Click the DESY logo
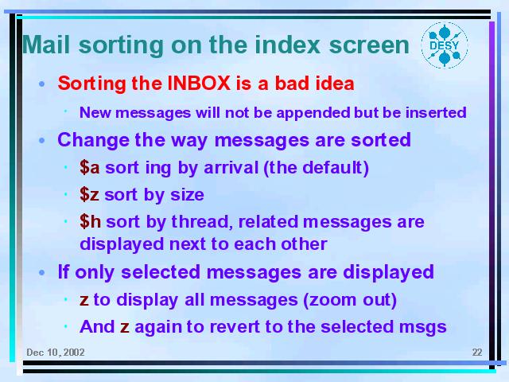click(445, 45)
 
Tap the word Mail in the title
click(46, 45)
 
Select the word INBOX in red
click(199, 83)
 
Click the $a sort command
click(90, 168)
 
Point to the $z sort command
click(89, 194)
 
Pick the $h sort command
click(90, 221)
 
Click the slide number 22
click(477, 353)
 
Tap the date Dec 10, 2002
click(56, 353)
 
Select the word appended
click(313, 113)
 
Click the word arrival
click(231, 168)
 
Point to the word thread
click(201, 221)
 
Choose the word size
click(188, 195)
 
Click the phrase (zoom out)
click(350, 300)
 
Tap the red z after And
click(125, 327)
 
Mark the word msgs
click(423, 327)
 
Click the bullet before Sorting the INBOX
click(42, 84)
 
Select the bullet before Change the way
click(42, 141)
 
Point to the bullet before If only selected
click(42, 272)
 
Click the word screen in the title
click(369, 45)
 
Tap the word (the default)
click(317, 168)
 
